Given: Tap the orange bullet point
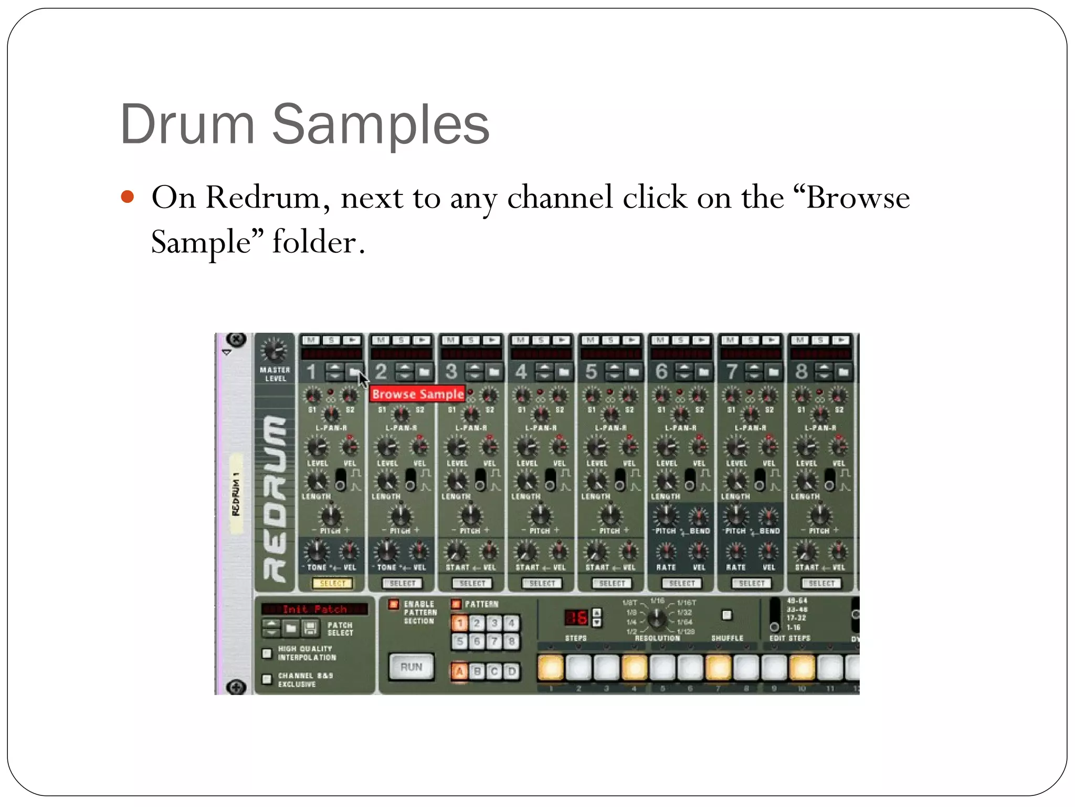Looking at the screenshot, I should click(128, 197).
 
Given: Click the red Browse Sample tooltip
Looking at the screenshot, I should click(417, 394).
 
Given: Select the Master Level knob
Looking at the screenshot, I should click(274, 350).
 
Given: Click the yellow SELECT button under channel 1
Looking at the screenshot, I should click(332, 583).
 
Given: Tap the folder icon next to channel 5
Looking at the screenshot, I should click(634, 373).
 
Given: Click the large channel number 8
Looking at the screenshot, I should click(800, 372).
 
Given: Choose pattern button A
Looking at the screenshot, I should click(460, 671).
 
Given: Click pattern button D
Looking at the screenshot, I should click(512, 671).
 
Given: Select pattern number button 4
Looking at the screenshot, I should click(512, 624).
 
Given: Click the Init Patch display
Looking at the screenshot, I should click(314, 609).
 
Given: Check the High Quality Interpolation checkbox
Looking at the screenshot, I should click(267, 653).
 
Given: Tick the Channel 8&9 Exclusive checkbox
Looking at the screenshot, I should click(267, 679).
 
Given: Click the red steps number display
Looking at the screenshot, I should click(576, 618).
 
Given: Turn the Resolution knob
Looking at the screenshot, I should click(657, 619).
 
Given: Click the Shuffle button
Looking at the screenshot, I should click(726, 615).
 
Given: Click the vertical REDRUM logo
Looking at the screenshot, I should click(275, 499).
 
